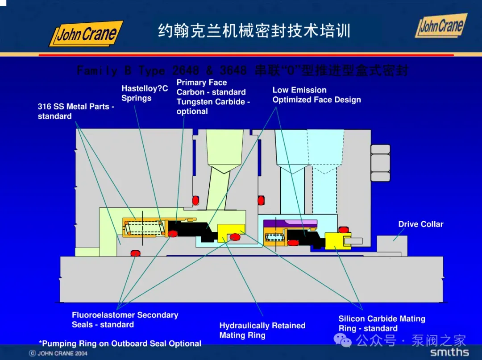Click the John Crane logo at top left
point(86,34)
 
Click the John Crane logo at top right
point(441,25)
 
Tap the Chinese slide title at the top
point(254,31)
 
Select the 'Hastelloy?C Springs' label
point(145,93)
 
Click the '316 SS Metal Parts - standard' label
point(76,111)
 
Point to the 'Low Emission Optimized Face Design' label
point(316,95)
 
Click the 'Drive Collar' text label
point(420,224)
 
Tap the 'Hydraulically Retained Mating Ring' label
point(262,331)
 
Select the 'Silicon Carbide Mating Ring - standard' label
point(382,323)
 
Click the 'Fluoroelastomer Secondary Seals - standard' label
point(125,320)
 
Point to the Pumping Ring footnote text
point(120,343)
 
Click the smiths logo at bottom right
point(449,352)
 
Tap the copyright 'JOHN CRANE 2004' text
point(58,353)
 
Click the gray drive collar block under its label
point(392,244)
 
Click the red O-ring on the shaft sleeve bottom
point(135,254)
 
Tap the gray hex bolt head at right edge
point(380,163)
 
